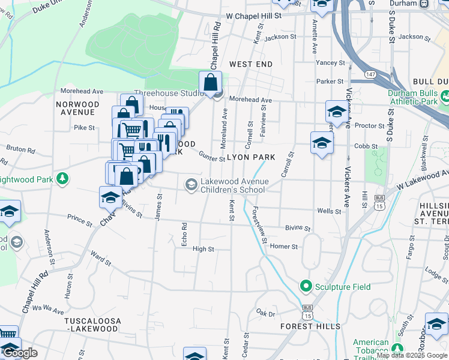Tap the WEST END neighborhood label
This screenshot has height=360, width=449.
click(251, 64)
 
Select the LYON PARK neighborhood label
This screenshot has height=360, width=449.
click(251, 157)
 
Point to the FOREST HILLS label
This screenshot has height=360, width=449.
click(310, 326)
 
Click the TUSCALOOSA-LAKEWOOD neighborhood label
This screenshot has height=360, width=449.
click(92, 325)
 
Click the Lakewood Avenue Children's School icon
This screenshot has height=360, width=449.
click(191, 184)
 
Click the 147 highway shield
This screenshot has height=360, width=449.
click(372, 74)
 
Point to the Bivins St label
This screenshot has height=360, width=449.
click(298, 229)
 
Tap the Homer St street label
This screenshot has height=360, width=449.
click(284, 247)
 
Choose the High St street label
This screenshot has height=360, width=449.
click(203, 249)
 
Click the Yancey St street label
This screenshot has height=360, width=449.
click(331, 62)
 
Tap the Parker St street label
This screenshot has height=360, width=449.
click(330, 81)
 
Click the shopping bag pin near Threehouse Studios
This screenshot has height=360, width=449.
click(211, 82)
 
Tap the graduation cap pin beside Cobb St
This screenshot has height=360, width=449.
click(322, 143)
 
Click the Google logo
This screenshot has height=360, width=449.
click(20, 353)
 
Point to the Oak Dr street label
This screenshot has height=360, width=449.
click(265, 313)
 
